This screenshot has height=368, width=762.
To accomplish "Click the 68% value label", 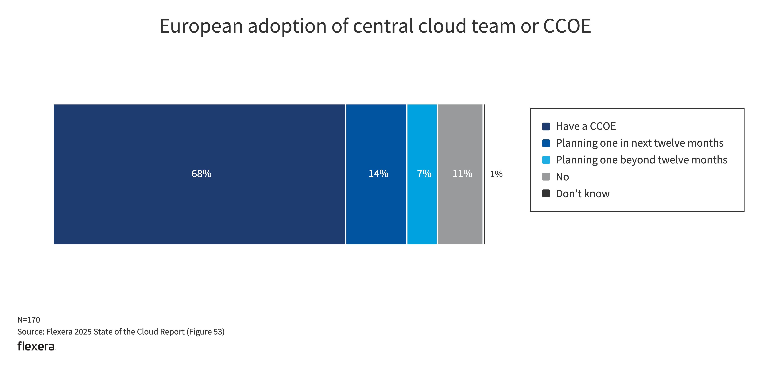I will (x=201, y=174).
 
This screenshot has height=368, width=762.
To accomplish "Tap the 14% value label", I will (x=378, y=174).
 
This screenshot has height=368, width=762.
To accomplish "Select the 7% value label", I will (x=424, y=174).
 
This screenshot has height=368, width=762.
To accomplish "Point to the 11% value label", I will (x=462, y=174).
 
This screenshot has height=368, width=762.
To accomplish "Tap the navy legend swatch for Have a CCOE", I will (x=546, y=126).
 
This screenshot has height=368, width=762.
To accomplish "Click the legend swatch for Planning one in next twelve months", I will (x=546, y=143).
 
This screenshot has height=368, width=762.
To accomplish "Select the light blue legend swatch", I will (x=546, y=160).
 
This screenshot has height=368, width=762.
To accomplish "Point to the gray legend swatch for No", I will (x=546, y=177).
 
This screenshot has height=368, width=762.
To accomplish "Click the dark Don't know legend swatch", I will (x=546, y=194).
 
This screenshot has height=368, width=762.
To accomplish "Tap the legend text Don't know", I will (x=583, y=194).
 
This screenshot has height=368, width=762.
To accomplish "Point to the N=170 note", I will (x=29, y=320).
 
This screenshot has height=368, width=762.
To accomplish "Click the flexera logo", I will (x=36, y=346).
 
